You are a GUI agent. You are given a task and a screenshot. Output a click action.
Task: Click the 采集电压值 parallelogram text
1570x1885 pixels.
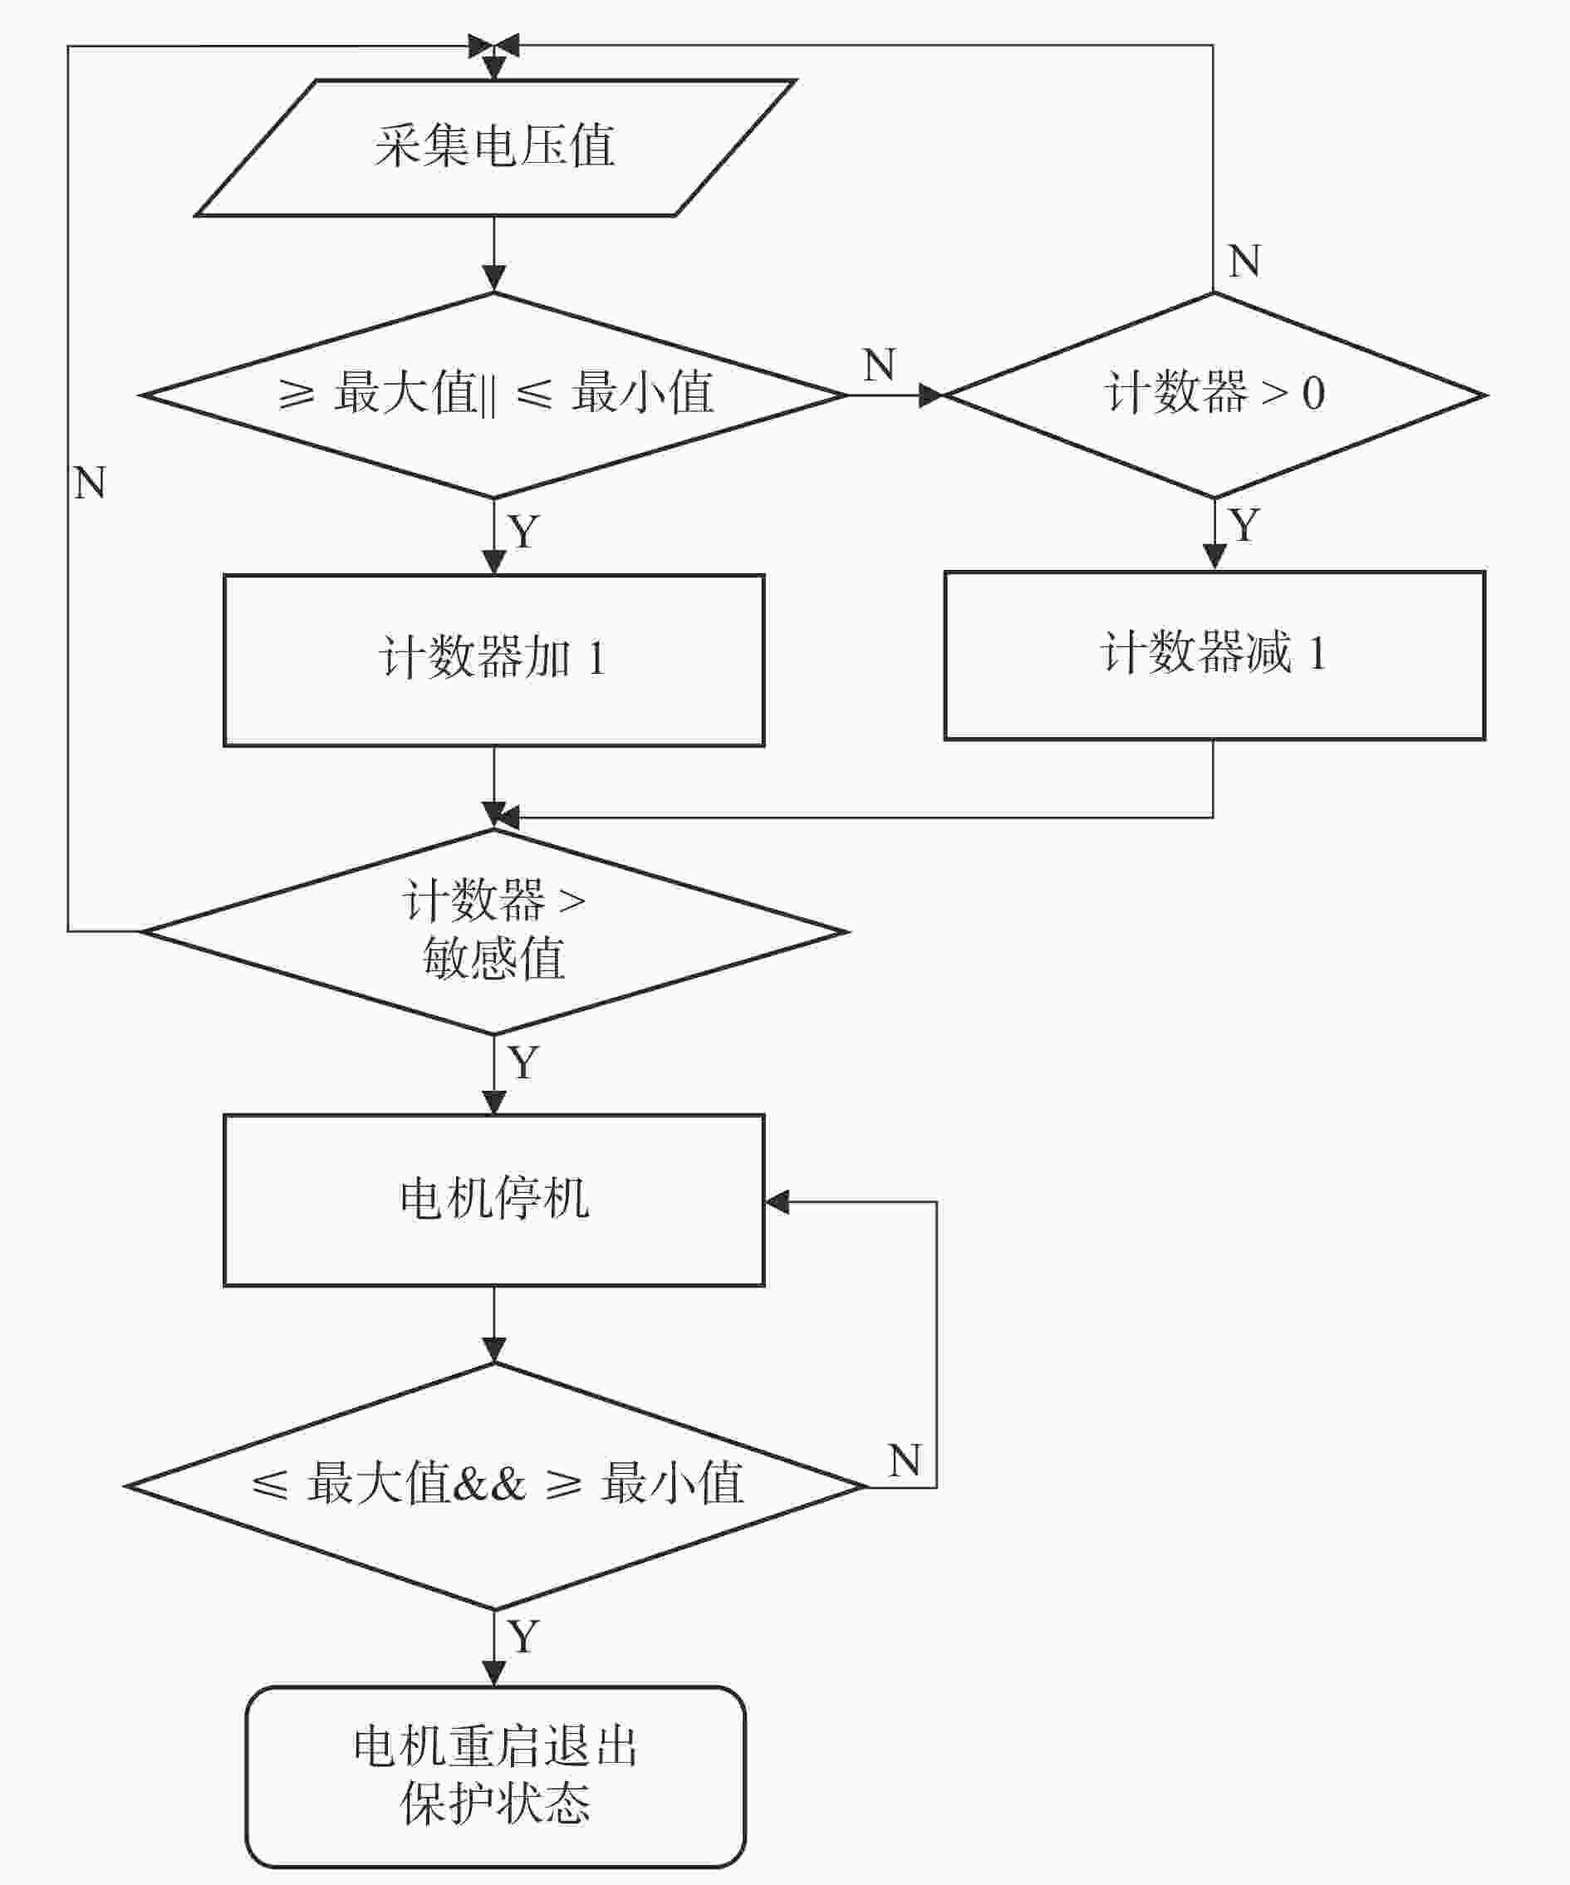[x=494, y=145]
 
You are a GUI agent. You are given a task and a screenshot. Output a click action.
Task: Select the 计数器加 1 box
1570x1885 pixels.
[x=493, y=660]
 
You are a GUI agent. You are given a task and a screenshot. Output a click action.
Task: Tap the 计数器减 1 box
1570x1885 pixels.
[x=1214, y=655]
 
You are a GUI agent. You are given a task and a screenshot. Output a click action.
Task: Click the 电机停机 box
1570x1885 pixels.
[x=493, y=1200]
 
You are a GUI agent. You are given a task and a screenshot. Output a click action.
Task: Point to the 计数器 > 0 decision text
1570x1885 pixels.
[x=1214, y=393]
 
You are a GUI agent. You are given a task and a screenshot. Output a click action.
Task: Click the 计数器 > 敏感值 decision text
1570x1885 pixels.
[x=494, y=930]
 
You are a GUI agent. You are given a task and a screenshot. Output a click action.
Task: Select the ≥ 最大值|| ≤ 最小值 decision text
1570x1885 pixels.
[x=496, y=393]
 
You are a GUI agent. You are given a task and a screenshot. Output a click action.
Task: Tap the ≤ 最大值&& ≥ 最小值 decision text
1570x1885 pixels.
[x=498, y=1484]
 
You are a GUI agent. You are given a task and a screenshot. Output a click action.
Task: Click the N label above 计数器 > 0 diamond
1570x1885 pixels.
[x=1244, y=262]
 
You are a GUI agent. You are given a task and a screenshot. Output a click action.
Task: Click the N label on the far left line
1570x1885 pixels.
[x=90, y=484]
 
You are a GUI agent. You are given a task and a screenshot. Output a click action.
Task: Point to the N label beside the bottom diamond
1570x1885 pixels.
[x=905, y=1461]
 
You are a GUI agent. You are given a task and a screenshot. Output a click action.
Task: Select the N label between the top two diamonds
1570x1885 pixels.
[x=880, y=366]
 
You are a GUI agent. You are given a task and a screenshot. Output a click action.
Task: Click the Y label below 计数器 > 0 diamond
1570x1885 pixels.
[x=1244, y=526]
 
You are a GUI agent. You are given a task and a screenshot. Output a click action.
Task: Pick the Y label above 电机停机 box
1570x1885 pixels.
[x=523, y=1063]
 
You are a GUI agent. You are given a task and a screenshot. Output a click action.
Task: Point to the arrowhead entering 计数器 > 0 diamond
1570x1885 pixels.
[x=930, y=395]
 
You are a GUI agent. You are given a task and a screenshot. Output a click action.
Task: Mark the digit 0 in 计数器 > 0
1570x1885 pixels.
[x=1313, y=394]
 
